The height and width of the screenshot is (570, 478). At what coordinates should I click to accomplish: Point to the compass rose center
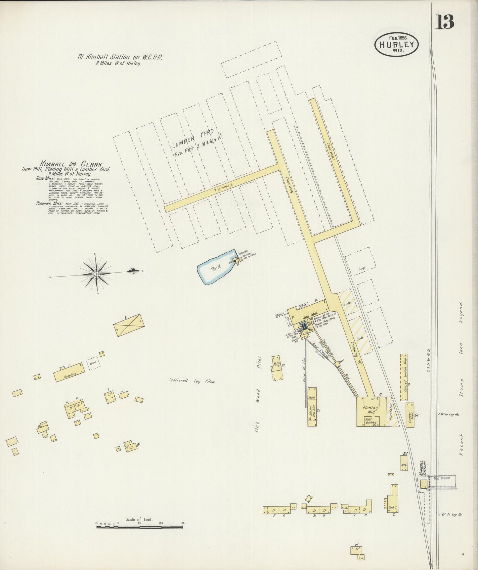pos(96,274)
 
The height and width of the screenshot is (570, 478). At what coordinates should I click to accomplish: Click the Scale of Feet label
pos(139,519)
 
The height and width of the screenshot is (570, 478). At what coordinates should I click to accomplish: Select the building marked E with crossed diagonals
pos(129,325)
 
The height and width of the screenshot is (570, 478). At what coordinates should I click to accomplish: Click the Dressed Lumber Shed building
pos(404,377)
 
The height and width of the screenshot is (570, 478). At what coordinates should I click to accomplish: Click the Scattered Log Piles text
pos(192,381)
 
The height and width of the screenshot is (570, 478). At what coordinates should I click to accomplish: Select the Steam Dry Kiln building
pos(312,407)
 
